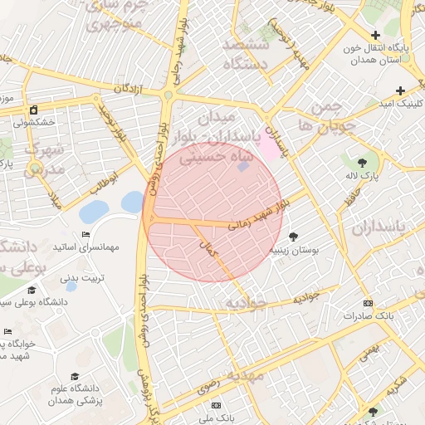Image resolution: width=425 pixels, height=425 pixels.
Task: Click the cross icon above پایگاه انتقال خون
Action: (376, 36)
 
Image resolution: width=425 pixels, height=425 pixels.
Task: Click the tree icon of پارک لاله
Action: (362, 162)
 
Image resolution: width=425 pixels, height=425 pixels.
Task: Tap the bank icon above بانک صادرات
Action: (369, 303)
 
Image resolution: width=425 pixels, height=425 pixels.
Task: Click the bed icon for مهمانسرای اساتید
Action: (86, 235)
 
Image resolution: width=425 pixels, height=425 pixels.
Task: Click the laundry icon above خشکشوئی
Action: (33, 110)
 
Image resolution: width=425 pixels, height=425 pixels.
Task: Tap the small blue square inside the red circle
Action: (242, 167)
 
